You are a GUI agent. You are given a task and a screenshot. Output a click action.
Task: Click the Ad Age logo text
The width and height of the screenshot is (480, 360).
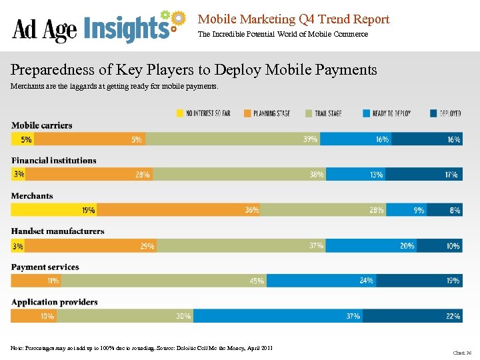[45, 29]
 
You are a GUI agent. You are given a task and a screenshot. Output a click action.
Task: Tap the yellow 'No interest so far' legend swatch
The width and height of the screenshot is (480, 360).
[180, 113]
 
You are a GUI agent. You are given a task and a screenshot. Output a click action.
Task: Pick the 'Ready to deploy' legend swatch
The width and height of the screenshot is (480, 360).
[367, 113]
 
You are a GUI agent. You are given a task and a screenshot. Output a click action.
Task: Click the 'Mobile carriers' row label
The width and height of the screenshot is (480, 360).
[41, 125]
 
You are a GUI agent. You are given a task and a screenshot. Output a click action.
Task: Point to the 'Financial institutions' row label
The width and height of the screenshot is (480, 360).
[53, 161]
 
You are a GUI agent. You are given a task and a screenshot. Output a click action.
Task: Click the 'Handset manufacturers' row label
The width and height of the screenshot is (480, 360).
[57, 231]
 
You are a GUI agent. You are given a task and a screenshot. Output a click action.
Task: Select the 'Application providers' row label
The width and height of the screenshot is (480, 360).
[55, 302]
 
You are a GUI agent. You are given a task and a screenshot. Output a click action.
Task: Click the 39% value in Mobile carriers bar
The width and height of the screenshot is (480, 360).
[310, 139]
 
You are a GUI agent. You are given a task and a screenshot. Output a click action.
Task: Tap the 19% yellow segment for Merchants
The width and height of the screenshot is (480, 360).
[55, 210]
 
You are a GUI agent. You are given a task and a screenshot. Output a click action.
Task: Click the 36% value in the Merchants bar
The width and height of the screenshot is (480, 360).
[251, 210]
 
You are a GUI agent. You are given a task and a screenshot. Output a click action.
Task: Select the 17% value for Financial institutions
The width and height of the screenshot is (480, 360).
[451, 175]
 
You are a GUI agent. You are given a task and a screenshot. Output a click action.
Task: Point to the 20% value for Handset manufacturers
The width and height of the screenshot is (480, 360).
[406, 245]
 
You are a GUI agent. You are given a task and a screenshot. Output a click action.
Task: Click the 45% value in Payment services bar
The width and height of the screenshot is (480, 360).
[257, 281]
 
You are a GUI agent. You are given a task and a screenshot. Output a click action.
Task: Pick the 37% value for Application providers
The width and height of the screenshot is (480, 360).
[353, 316]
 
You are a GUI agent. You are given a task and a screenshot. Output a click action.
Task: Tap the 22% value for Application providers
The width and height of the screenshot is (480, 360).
[453, 316]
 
